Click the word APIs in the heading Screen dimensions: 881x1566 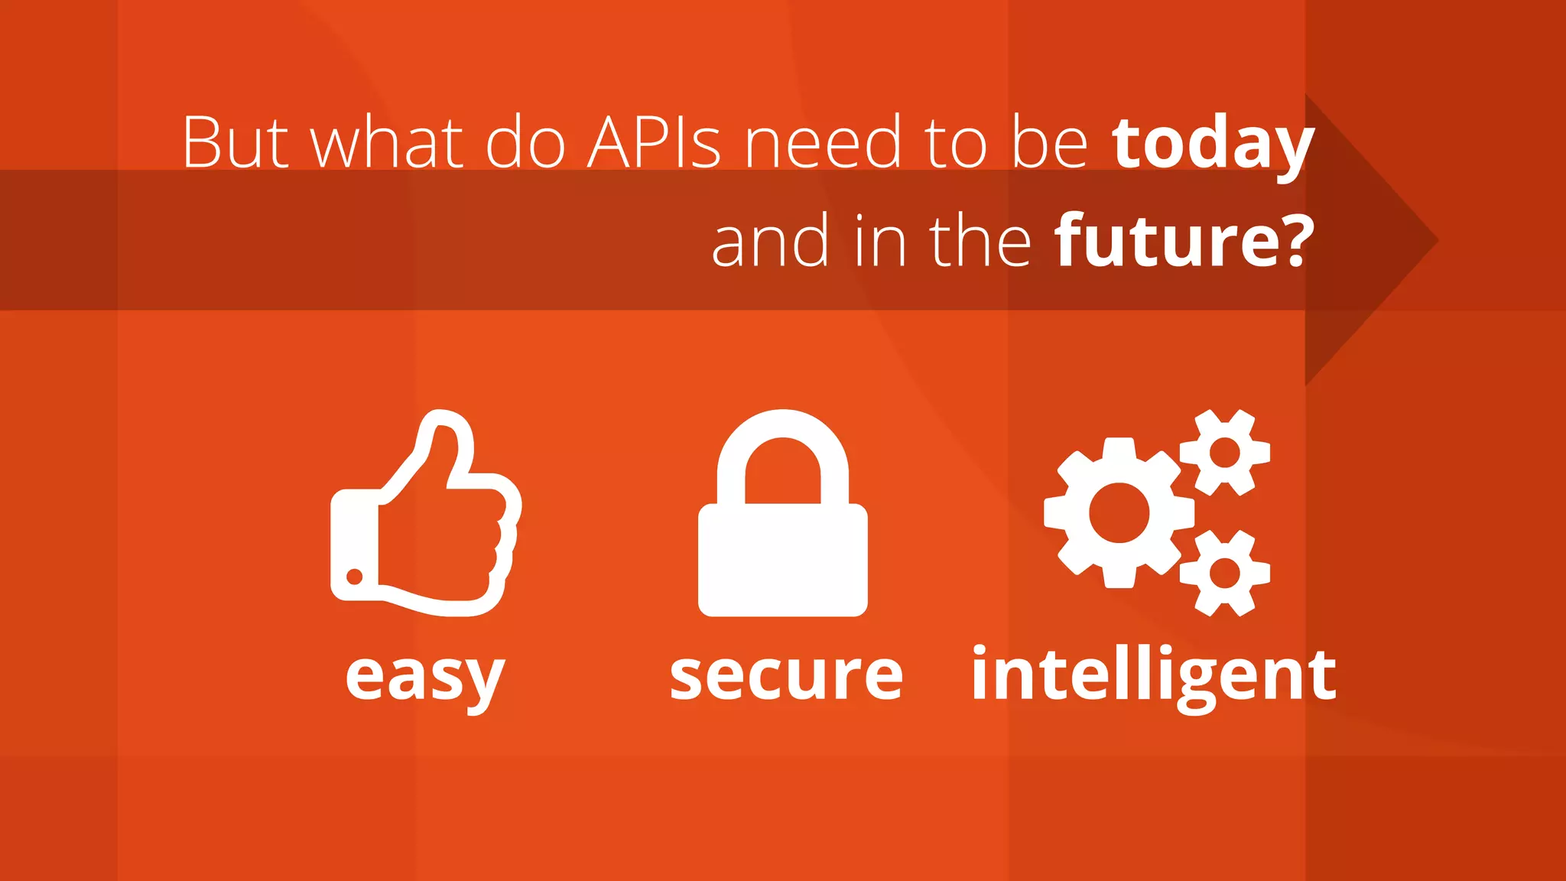[654, 143]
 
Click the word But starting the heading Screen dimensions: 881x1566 [236, 143]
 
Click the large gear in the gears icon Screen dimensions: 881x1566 [1119, 512]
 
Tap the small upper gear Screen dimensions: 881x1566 [1225, 452]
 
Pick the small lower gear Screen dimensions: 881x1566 [1225, 573]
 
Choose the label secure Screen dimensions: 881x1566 [786, 676]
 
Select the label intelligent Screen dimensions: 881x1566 [1153, 676]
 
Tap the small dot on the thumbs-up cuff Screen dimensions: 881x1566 [355, 576]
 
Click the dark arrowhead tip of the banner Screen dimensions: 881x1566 [1430, 241]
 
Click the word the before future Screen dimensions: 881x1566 [980, 242]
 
